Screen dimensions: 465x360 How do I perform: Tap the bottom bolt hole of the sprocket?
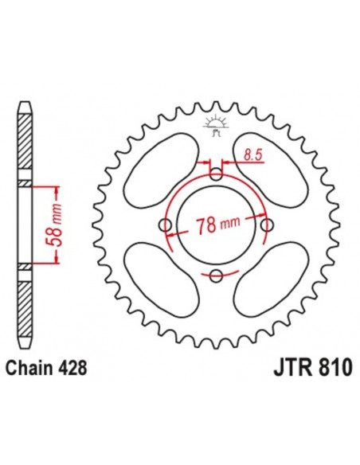pos(216,276)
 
